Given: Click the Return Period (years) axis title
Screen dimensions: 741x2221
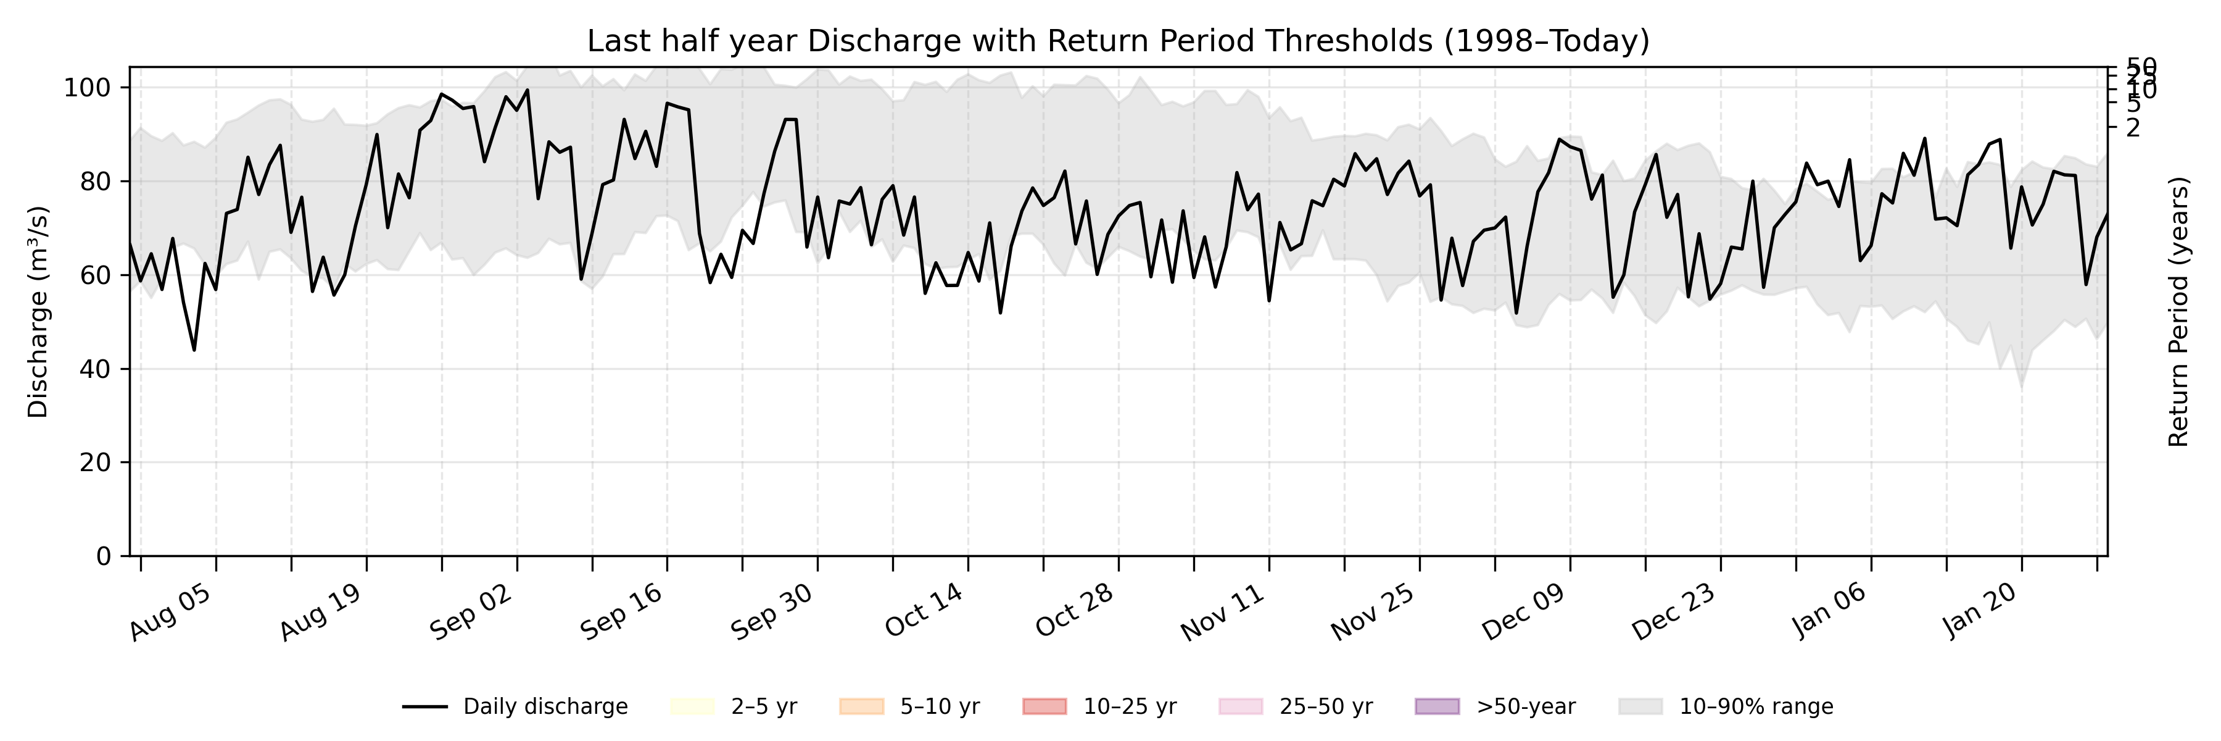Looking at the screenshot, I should (2179, 311).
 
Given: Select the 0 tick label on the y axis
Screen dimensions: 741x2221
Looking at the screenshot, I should (104, 556).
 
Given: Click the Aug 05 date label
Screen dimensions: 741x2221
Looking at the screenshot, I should (172, 613).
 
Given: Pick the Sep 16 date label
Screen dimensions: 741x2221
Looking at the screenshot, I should (622, 613).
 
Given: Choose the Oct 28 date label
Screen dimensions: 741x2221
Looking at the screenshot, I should (1075, 613).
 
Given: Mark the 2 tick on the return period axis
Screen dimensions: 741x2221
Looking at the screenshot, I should (2133, 128).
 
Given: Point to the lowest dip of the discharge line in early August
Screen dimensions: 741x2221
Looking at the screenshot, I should (194, 350).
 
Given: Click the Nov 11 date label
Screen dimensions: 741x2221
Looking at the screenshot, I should (1224, 613).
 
